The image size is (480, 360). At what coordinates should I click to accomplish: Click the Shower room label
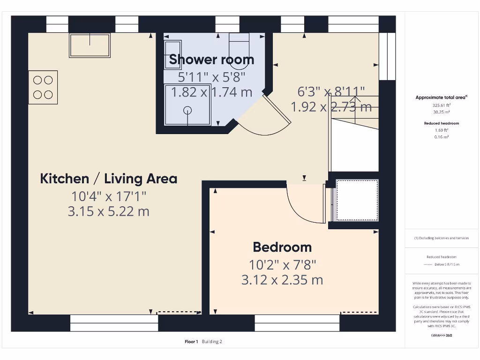click(x=211, y=60)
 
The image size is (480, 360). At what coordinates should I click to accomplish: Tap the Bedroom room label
click(x=282, y=247)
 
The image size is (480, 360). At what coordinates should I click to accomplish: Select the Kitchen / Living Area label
click(x=109, y=179)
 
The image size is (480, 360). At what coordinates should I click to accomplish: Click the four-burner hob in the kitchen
click(x=43, y=87)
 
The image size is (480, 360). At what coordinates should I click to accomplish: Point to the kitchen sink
click(x=90, y=45)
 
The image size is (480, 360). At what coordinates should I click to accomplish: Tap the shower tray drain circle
click(x=187, y=111)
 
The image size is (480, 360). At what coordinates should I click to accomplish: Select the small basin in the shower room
click(x=172, y=55)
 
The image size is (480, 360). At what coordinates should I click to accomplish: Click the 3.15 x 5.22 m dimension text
click(x=109, y=211)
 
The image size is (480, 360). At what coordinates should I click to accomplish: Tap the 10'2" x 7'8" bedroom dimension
click(x=282, y=265)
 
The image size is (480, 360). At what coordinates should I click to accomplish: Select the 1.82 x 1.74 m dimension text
click(x=211, y=92)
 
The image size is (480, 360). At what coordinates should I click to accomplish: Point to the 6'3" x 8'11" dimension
click(x=331, y=91)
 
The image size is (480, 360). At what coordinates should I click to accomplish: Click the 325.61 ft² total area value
click(x=441, y=105)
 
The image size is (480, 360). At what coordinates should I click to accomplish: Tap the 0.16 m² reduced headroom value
click(x=441, y=137)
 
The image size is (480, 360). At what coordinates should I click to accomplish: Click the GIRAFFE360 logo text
click(x=441, y=336)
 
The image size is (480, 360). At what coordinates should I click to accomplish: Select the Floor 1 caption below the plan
click(x=191, y=342)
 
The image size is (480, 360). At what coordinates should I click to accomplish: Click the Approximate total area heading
click(x=441, y=97)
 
